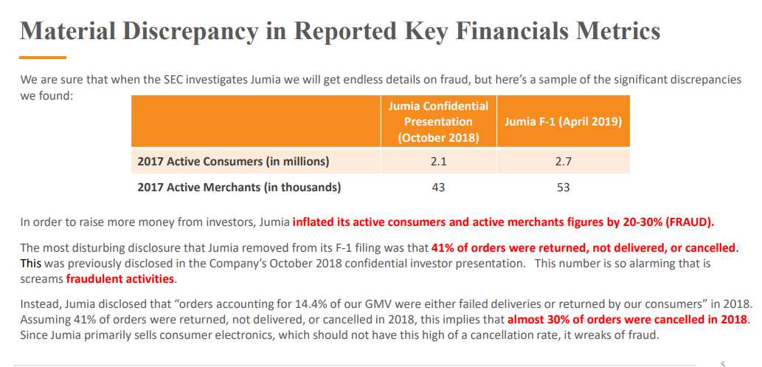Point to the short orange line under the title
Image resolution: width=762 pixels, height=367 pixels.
coord(44,57)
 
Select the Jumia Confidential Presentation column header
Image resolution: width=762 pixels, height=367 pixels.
coord(438,122)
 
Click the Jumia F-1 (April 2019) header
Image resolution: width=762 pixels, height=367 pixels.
coord(564,122)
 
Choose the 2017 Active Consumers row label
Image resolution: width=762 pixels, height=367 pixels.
coord(233,161)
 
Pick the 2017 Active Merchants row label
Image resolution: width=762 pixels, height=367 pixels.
coord(239,188)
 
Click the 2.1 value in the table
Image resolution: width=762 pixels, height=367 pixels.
coord(438,161)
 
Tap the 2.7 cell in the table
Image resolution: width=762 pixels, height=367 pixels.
coord(564,161)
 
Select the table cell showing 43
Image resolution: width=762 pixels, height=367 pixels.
coord(438,188)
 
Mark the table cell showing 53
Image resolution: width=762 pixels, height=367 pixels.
coord(564,188)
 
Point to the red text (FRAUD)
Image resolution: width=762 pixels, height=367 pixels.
coord(688,222)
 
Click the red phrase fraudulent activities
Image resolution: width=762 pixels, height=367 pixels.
coord(120,279)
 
